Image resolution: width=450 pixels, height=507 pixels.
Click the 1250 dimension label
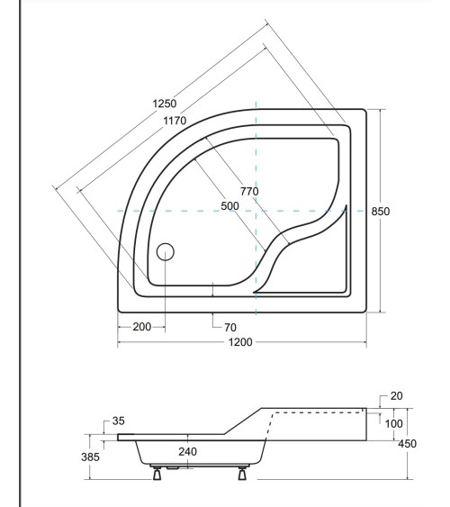[x=163, y=104]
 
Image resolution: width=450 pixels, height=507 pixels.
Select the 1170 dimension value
[x=175, y=122]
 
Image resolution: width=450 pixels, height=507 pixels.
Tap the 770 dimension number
[x=250, y=191]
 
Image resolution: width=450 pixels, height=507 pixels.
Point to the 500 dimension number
[x=230, y=206]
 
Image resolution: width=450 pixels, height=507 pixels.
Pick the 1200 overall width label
[x=239, y=343]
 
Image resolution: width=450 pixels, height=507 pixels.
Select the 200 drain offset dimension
[x=141, y=326]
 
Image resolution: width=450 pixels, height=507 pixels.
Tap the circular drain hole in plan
[x=165, y=252]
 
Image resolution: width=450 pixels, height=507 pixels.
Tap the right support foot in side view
[x=241, y=474]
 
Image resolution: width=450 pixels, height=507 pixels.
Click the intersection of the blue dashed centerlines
[x=256, y=210]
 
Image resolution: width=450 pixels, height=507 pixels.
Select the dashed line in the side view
[x=315, y=412]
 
